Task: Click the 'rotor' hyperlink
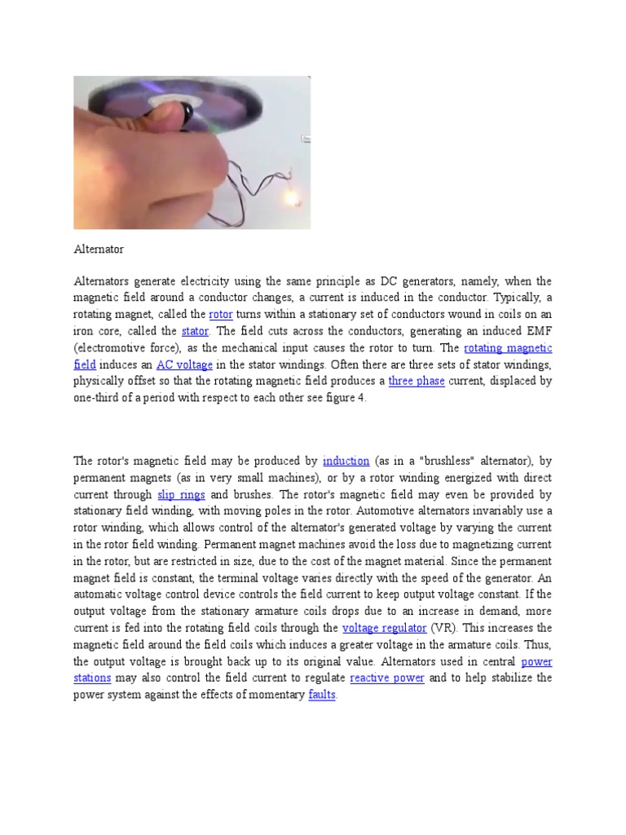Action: coord(221,315)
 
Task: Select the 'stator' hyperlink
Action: coord(195,331)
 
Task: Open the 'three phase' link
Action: coord(417,381)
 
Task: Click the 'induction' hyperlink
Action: coord(346,462)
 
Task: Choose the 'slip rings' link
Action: coord(177,495)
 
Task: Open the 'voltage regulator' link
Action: coord(384,628)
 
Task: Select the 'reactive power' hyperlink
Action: coord(387,678)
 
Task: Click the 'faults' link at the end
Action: coord(322,695)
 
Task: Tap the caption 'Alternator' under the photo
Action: coord(99,248)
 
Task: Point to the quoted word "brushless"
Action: coord(431,462)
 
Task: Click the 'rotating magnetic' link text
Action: coord(507,348)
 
